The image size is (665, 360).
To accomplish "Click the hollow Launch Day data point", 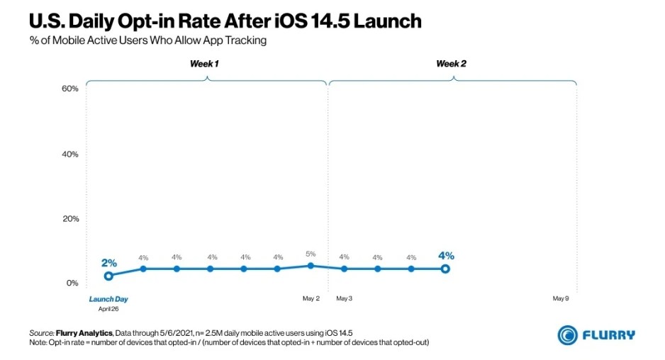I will tap(108, 276).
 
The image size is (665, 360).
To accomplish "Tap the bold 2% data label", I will tap(108, 263).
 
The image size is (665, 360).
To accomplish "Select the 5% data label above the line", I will tap(311, 254).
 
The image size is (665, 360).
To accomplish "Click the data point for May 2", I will tap(311, 266).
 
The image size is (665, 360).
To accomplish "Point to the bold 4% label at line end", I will tap(446, 256).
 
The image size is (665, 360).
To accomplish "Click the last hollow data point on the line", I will tap(445, 269).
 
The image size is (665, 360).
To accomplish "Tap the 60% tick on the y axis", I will tap(69, 89).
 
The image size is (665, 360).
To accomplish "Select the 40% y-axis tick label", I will tap(69, 154).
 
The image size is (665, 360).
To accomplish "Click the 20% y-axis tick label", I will tap(69, 218).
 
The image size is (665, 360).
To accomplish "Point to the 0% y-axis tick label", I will tap(72, 283).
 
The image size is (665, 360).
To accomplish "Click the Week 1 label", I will tap(204, 64).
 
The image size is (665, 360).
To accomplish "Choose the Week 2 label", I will tap(451, 64).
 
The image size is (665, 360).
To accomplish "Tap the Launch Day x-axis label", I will tap(108, 298).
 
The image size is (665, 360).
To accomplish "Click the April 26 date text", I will tap(108, 308).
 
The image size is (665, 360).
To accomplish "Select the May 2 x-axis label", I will tap(311, 298).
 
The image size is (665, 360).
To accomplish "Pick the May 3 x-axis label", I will tap(345, 298).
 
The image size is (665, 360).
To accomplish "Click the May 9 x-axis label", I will tap(561, 298).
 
